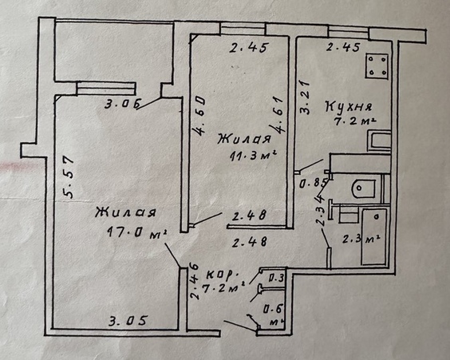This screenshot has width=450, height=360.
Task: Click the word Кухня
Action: point(349,106)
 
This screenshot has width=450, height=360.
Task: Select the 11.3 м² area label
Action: point(253,156)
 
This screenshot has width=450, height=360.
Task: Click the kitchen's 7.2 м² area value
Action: point(355,121)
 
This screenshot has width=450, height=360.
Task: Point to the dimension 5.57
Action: point(69,176)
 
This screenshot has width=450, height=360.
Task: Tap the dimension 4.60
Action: point(199,116)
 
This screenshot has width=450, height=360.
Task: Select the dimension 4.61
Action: point(278,115)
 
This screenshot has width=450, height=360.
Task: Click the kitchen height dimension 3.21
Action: point(305,98)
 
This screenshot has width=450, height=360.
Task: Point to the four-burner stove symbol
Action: point(377,66)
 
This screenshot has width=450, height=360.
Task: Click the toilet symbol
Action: point(364,188)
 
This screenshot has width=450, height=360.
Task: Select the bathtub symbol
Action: point(374,236)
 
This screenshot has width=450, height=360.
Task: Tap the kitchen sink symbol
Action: point(379,140)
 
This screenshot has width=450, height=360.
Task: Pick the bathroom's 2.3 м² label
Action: point(361,239)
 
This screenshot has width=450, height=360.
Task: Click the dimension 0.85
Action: point(314,183)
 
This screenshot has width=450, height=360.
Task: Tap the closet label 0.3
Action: point(276,278)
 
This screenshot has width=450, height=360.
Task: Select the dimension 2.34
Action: point(321,210)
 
